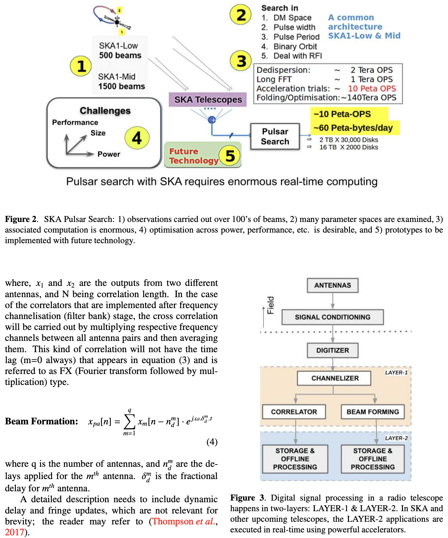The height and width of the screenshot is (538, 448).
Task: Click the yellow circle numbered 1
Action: pos(81,66)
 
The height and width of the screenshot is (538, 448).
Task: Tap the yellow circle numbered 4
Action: pos(137,138)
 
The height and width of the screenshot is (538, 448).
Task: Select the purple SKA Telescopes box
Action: pos(208,99)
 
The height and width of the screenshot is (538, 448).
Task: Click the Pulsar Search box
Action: pos(275,136)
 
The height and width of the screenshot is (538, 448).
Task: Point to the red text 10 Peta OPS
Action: pos(372,88)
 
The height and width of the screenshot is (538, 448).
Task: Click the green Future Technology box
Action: pos(194,156)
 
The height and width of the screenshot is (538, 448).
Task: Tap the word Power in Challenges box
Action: pos(109,154)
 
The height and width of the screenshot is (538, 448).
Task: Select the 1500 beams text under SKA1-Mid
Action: pos(121,86)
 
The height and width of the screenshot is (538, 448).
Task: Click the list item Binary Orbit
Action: pos(295,46)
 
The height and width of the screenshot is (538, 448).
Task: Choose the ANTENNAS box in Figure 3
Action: pos(332,285)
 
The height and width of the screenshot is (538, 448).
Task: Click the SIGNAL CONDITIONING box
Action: pos(332,317)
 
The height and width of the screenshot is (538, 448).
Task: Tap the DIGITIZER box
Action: pos(332,350)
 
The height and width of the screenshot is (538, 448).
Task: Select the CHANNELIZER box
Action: pos(334,378)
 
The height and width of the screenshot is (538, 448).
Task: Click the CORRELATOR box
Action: pos(294,412)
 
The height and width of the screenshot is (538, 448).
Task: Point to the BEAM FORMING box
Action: pos(373,412)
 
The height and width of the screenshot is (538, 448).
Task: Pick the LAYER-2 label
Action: pos(396,438)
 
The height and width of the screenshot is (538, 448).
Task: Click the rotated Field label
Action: pos(271,305)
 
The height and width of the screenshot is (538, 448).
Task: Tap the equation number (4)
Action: pos(212,442)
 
